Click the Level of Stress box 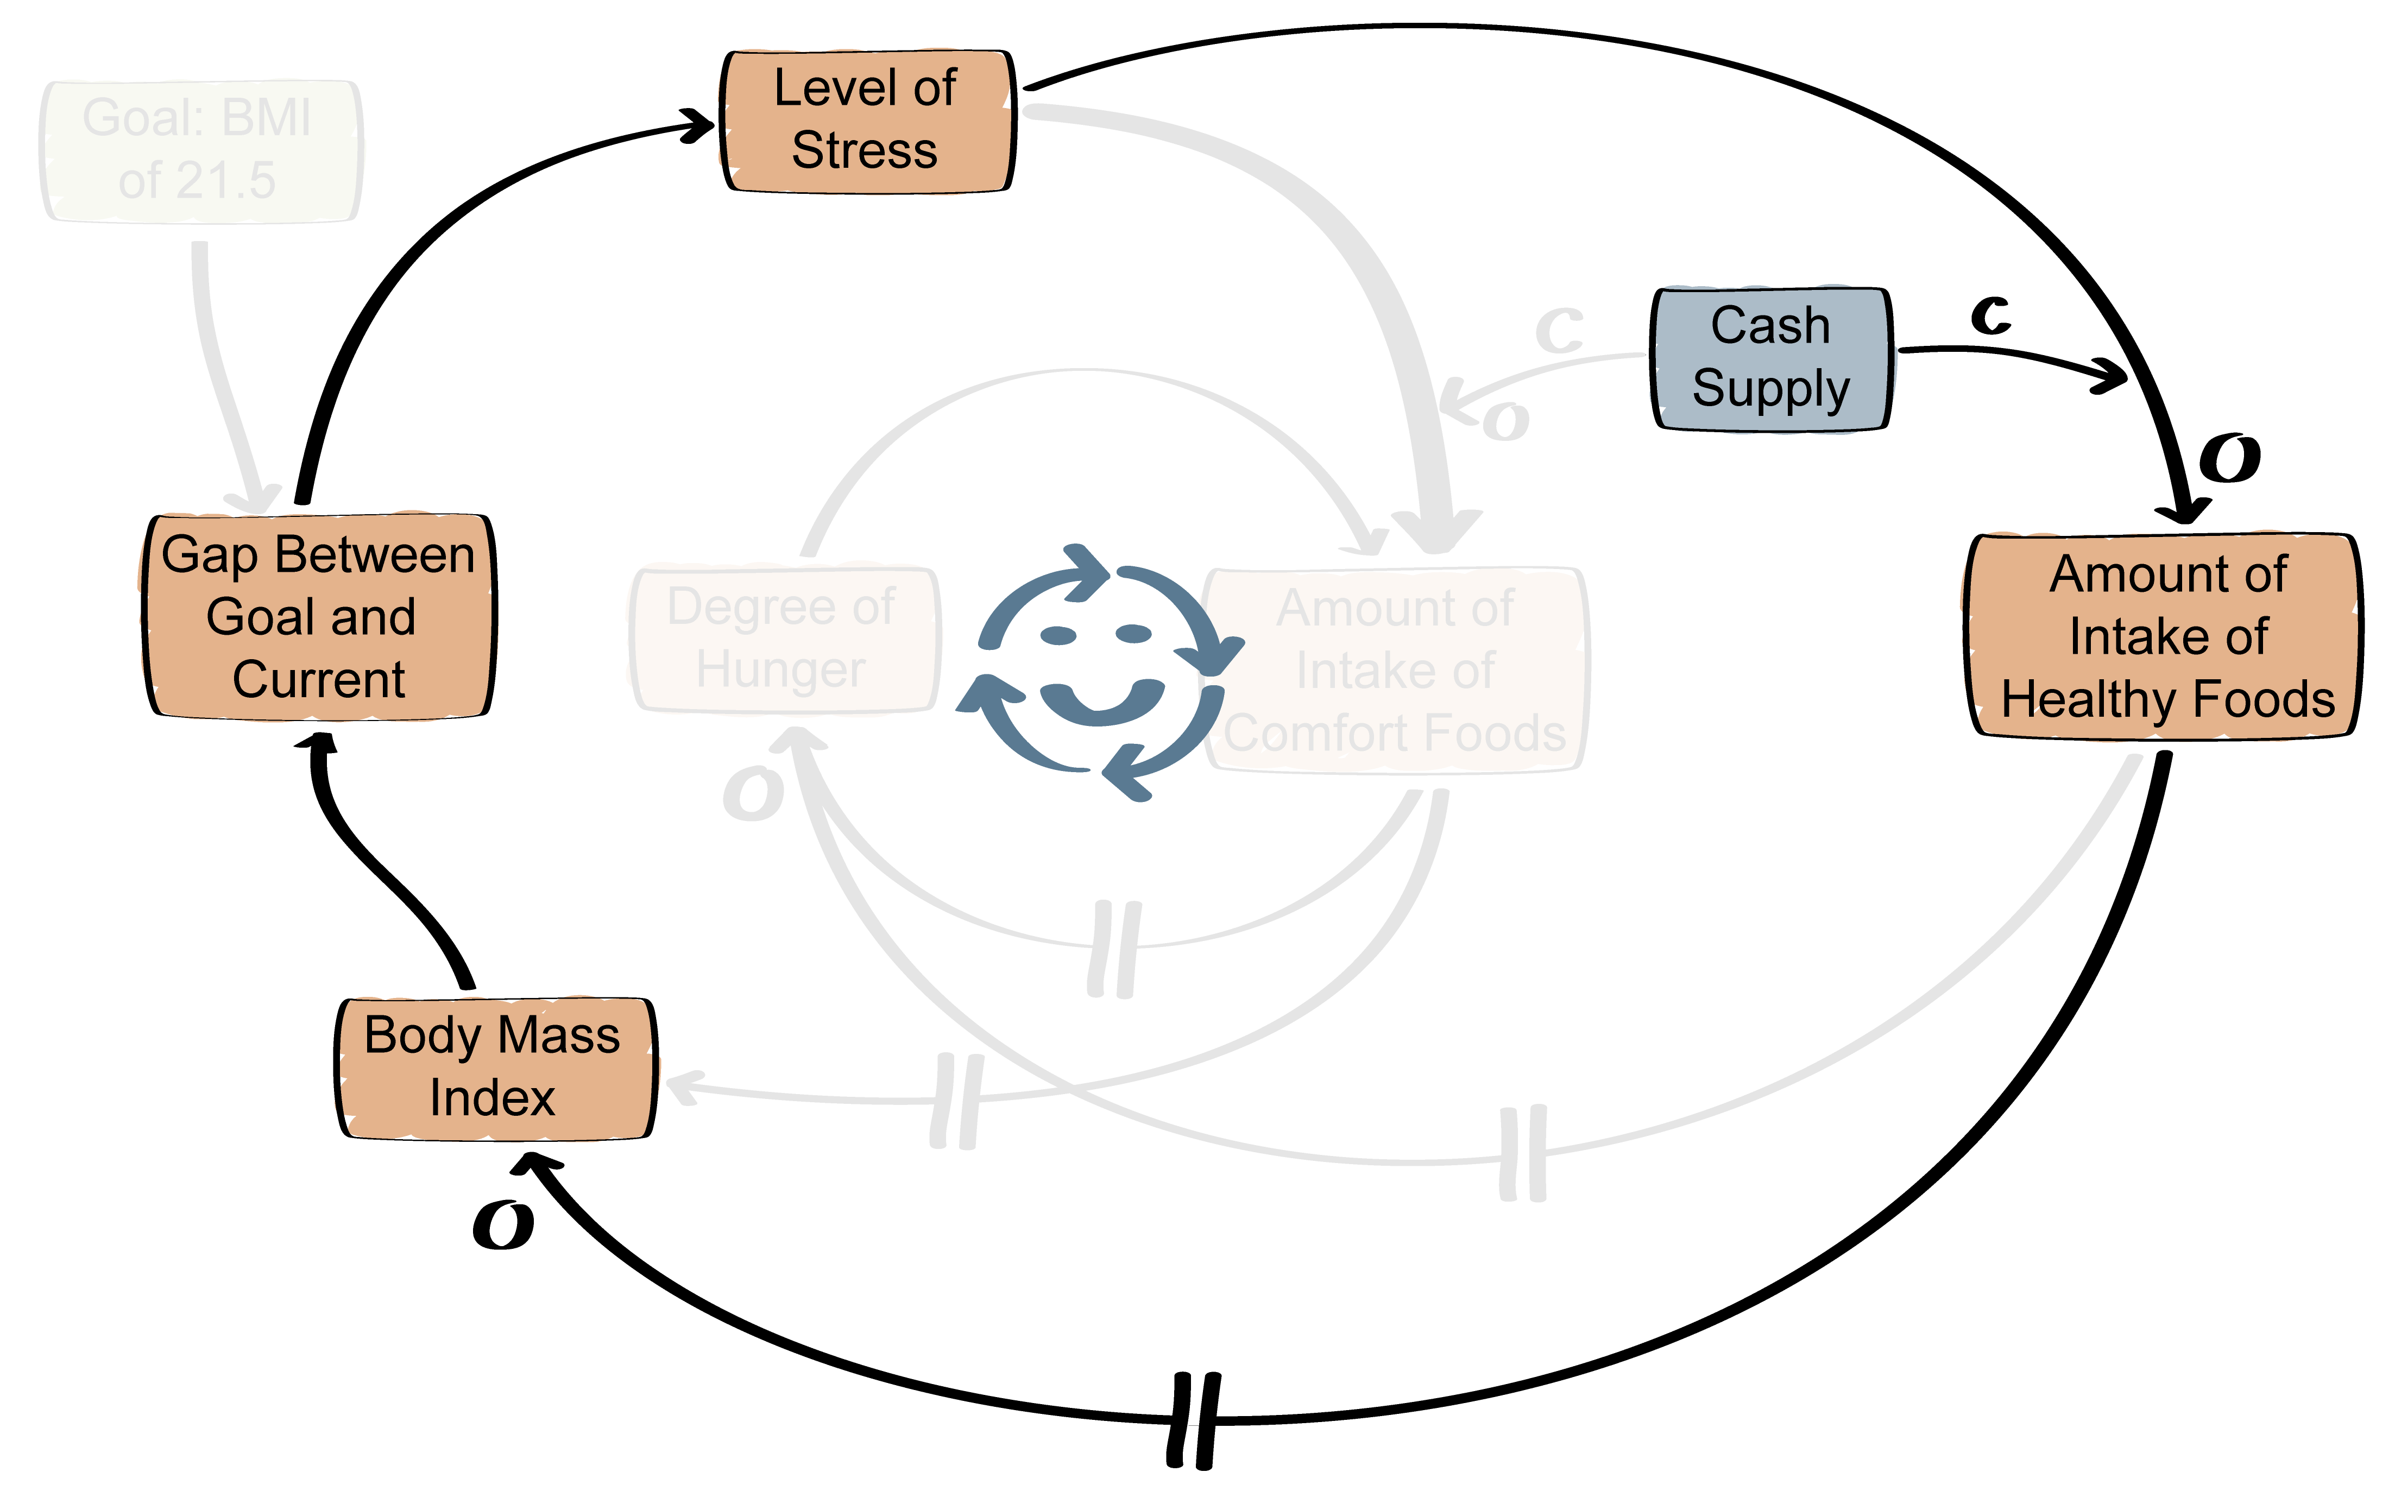[x=866, y=121]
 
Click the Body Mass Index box [x=493, y=1068]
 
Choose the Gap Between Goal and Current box [x=318, y=616]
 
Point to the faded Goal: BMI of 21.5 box [x=199, y=150]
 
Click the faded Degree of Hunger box [x=782, y=638]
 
